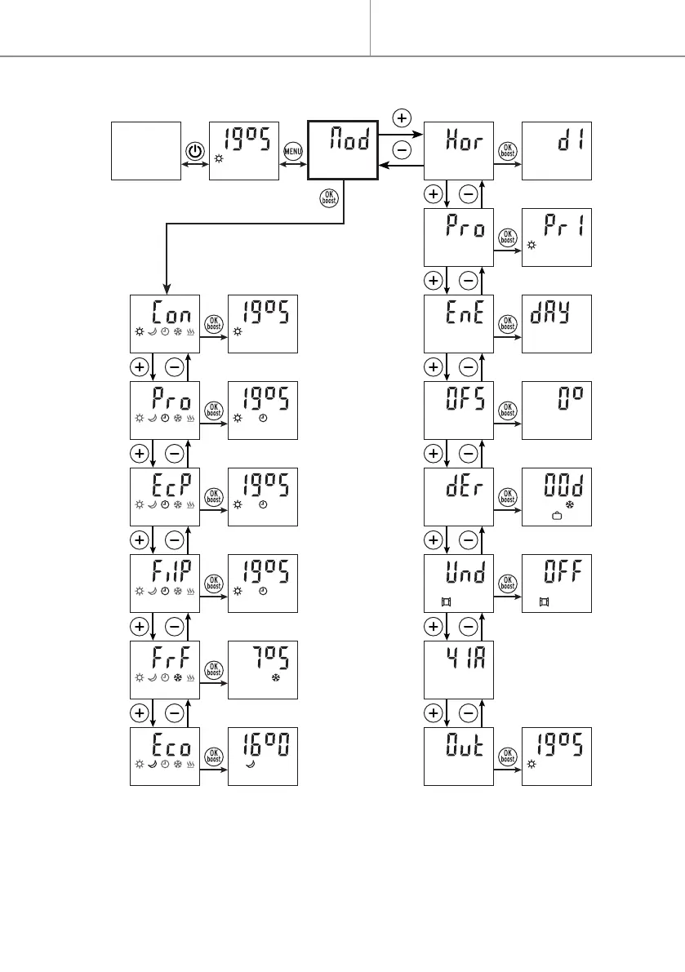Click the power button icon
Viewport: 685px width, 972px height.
[194, 152]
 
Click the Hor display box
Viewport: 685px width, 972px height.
[460, 151]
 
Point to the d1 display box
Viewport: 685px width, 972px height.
[556, 151]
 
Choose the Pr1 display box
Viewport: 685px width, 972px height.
[556, 237]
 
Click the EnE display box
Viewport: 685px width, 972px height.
[460, 323]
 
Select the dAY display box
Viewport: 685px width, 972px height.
[556, 323]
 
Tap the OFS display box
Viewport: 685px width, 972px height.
[460, 410]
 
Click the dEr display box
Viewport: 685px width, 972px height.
[460, 496]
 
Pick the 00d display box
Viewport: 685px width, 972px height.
[556, 496]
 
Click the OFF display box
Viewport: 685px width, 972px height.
[556, 583]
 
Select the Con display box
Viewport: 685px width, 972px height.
[165, 323]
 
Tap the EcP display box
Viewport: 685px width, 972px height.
[165, 496]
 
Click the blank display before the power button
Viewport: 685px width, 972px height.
[145, 151]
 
